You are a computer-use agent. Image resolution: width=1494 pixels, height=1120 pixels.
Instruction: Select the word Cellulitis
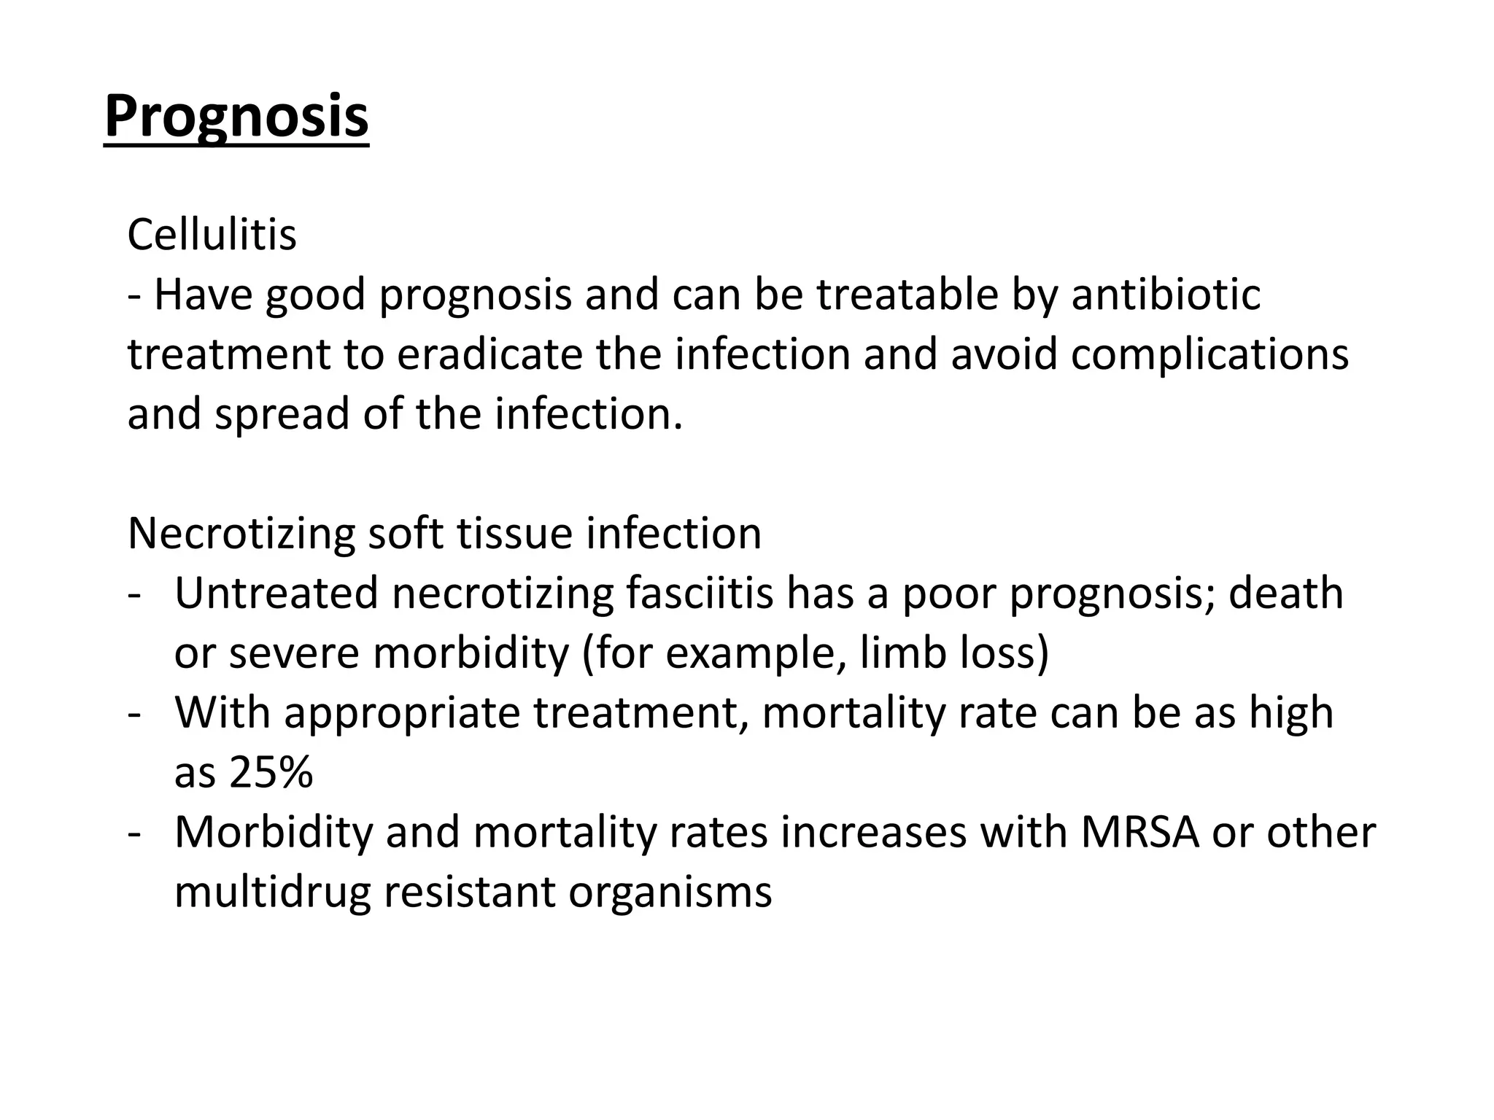212,235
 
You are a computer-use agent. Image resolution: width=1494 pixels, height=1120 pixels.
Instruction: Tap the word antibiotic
1166,295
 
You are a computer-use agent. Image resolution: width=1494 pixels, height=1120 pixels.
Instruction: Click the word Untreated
276,594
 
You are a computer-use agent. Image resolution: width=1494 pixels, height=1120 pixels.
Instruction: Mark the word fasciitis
699,594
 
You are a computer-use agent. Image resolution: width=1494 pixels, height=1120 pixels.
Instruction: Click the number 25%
271,773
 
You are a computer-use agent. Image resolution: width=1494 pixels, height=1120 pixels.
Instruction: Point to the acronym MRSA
1139,833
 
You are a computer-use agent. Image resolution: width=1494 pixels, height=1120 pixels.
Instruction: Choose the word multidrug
273,892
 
